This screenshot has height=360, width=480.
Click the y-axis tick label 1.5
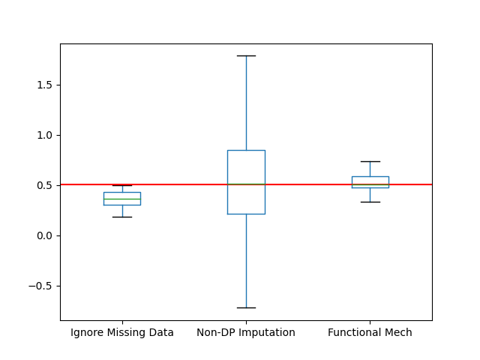click(x=45, y=85)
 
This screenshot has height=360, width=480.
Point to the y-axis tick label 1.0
click(x=45, y=135)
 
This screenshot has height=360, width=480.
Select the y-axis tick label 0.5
click(x=45, y=185)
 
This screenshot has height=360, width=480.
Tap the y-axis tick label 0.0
click(x=45, y=235)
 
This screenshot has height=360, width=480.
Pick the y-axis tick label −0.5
click(x=42, y=286)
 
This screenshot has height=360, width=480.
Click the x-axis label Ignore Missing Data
click(x=122, y=332)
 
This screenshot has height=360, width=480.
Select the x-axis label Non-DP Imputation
click(x=246, y=332)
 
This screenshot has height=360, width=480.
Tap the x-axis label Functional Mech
click(x=370, y=332)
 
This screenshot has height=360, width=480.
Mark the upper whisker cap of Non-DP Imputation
click(x=246, y=55)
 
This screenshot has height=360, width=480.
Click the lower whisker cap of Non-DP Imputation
click(x=246, y=307)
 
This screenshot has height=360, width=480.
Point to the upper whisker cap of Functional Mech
click(x=370, y=161)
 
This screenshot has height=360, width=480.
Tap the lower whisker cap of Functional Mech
click(x=370, y=202)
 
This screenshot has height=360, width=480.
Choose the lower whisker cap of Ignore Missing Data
click(x=122, y=217)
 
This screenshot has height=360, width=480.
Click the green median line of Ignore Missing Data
click(x=122, y=199)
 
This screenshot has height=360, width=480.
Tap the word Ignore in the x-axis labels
click(x=87, y=332)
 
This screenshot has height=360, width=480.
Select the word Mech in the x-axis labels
click(x=398, y=332)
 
